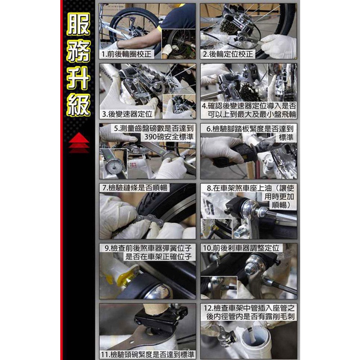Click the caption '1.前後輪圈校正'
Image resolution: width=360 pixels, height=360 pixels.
click(126, 54)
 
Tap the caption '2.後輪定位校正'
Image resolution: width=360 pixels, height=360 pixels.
click(228, 54)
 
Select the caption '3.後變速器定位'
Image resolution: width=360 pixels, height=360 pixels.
click(127, 114)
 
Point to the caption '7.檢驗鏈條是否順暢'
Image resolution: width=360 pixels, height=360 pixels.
click(135, 188)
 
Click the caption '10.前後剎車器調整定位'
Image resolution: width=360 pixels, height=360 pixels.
click(241, 248)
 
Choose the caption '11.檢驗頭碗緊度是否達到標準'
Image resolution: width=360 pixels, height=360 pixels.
click(148, 354)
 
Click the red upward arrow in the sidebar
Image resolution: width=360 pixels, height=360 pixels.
click(79, 142)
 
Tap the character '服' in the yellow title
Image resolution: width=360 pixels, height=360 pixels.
click(78, 24)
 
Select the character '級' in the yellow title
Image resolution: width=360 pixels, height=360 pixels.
click(78, 105)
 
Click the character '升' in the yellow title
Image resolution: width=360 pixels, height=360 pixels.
click(78, 78)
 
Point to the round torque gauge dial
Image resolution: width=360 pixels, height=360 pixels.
click(114, 166)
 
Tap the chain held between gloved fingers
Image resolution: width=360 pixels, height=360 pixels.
click(149, 220)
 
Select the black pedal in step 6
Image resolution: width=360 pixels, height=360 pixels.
click(229, 155)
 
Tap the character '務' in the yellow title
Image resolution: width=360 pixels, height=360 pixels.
click(78, 51)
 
